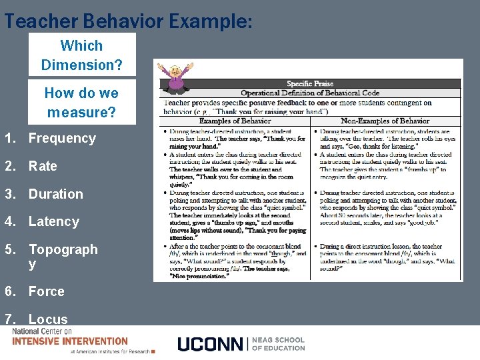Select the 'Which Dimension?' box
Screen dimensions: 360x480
pos(81,55)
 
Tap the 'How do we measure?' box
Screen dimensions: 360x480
pos(81,102)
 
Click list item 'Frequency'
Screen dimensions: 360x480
pos(62,138)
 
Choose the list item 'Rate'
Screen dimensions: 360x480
pos(43,166)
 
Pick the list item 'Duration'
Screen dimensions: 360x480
pos(55,194)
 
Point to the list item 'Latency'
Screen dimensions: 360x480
pos(53,221)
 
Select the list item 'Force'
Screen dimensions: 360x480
pos(46,291)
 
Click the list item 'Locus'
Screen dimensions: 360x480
pos(47,319)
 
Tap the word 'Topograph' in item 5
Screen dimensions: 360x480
pos(63,249)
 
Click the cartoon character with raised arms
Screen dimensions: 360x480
pos(175,75)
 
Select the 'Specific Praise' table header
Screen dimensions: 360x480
pos(310,84)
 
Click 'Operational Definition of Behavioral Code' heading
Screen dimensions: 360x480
pos(310,93)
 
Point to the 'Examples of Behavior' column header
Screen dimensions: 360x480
pos(235,121)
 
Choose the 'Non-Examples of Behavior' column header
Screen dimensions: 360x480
pos(385,121)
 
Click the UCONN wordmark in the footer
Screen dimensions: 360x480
pos(211,344)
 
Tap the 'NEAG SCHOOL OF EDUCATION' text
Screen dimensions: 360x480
pos(278,344)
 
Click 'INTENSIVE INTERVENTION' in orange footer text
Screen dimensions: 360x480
pos(70,341)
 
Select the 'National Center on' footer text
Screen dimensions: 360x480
pos(41,331)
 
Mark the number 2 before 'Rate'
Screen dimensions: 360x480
pos(8,166)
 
